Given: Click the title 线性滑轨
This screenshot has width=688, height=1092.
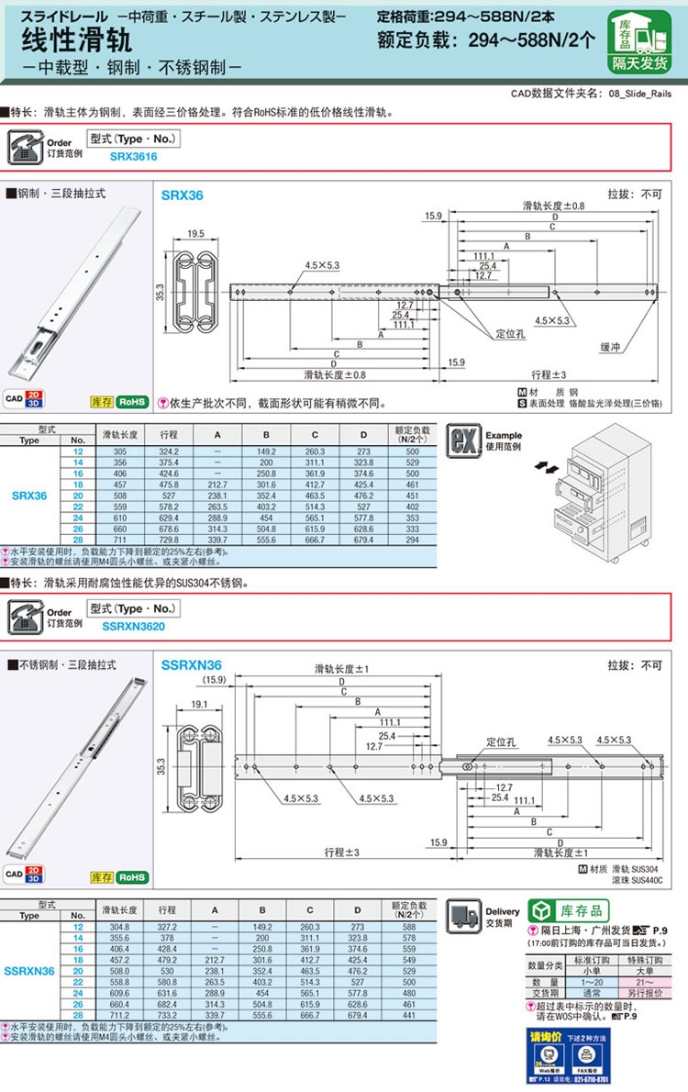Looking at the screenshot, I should [x=77, y=40].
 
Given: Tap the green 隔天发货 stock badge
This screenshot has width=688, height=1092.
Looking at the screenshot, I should [x=641, y=63].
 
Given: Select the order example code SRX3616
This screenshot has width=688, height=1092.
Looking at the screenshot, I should [x=133, y=157].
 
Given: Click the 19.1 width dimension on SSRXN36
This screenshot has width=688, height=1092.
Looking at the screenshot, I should [x=196, y=705].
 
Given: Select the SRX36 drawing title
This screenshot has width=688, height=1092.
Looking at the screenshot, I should [x=182, y=195].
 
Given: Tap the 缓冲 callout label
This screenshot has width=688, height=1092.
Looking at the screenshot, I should [x=609, y=348].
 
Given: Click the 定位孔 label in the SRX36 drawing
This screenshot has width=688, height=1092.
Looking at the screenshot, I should [x=508, y=333].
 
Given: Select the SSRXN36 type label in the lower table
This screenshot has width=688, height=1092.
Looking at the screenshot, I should [x=30, y=970].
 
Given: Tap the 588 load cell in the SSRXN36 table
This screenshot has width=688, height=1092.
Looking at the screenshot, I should [x=412, y=928].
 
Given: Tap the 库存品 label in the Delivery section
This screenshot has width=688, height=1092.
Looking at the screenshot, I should [x=583, y=910].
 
